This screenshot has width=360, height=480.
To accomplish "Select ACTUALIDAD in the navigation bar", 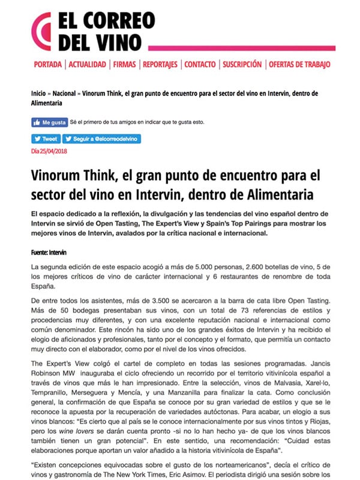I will coord(88,64).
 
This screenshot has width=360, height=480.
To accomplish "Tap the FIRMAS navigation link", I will coord(124,64).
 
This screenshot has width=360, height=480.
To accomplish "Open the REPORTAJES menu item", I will coord(160,64).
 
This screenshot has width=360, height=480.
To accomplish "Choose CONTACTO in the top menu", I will coord(200,64).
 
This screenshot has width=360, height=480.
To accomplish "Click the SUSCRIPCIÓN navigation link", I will coord(242,64).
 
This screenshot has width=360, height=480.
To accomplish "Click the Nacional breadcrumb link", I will coord(64,94).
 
